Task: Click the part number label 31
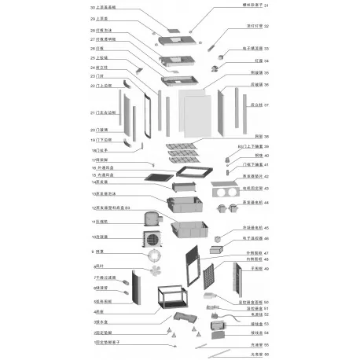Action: (266, 6)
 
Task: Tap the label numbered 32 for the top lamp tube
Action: (266, 26)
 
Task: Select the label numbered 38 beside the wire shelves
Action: (266, 137)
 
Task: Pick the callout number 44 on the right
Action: (266, 203)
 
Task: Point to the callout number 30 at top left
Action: (93, 7)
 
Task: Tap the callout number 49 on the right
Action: (266, 269)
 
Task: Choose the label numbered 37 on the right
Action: (266, 105)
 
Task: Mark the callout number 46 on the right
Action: (266, 238)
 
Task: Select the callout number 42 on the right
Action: (266, 177)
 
